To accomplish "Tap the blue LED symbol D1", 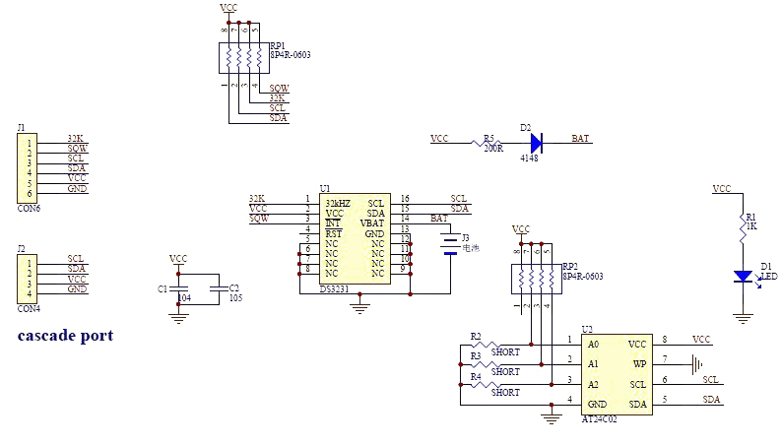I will tap(744, 277).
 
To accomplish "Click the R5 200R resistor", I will tap(485, 143).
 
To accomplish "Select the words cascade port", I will tap(65, 336).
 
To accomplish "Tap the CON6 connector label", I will tap(29, 209).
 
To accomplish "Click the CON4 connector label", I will tap(29, 308).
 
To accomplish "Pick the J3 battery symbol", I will tap(450, 244).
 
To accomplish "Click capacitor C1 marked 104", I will tap(178, 289).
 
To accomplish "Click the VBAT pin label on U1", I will tap(373, 223).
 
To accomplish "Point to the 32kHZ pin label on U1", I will tap(337, 203).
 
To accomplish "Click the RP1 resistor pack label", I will tap(278, 45).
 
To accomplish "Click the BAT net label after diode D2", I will tap(581, 140).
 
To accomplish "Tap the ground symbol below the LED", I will tap(744, 318).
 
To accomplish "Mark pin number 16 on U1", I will tap(405, 199).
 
